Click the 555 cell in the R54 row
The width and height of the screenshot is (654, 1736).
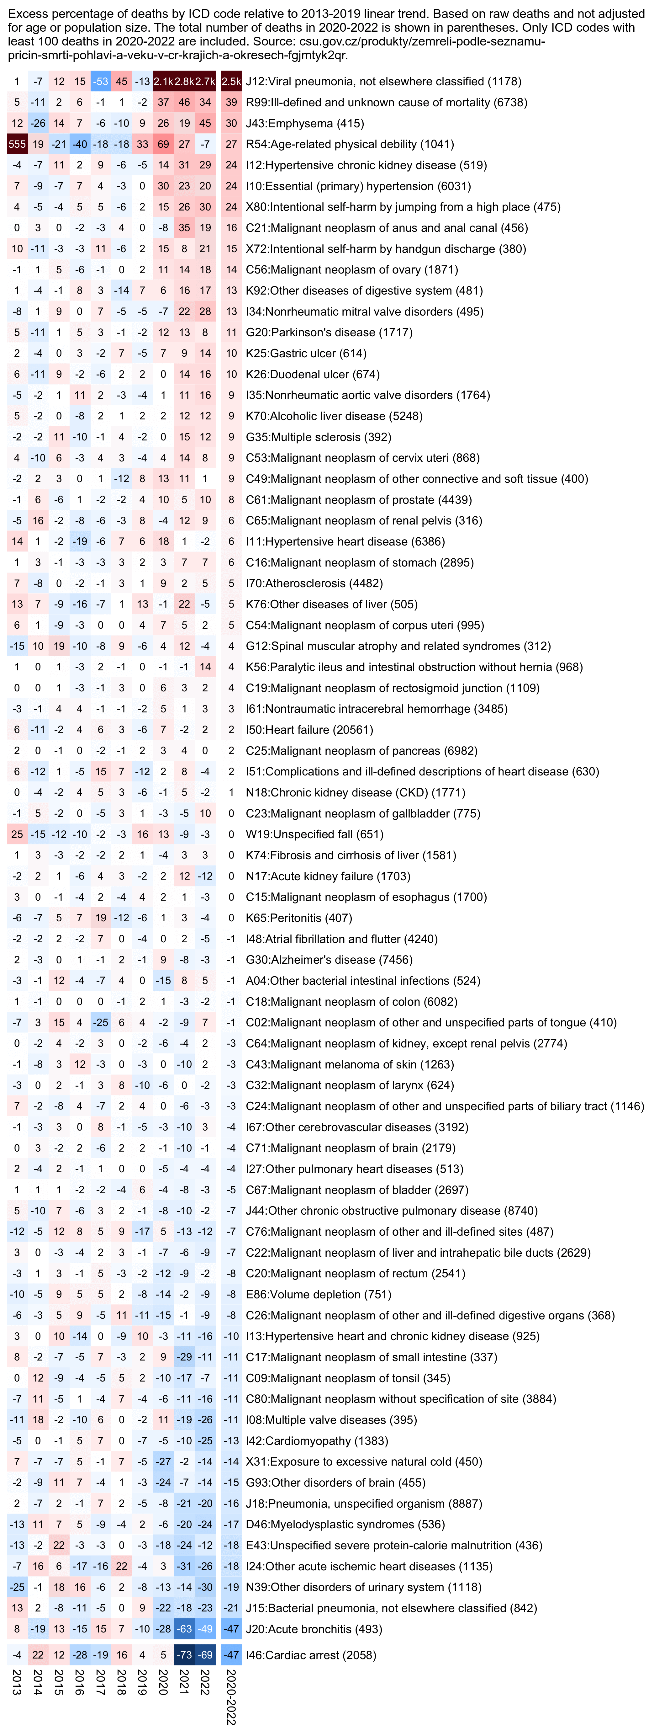pyautogui.click(x=17, y=144)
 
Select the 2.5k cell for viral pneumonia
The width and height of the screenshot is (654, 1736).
pyautogui.click(x=231, y=82)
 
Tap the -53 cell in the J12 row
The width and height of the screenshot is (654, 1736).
pyautogui.click(x=100, y=82)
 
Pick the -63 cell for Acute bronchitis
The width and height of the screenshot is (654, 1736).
pyautogui.click(x=184, y=1629)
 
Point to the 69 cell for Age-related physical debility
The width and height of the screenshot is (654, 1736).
pyautogui.click(x=163, y=144)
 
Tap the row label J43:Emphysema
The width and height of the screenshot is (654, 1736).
pyautogui.click(x=304, y=123)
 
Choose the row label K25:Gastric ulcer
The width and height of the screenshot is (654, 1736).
pyautogui.click(x=306, y=353)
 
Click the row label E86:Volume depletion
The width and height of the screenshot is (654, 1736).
pyautogui.click(x=318, y=1295)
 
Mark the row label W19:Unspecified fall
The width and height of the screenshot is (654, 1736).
pyautogui.click(x=314, y=834)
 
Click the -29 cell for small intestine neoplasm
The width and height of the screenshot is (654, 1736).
pyautogui.click(x=184, y=1357)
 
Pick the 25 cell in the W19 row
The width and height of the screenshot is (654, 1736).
pyautogui.click(x=17, y=834)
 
